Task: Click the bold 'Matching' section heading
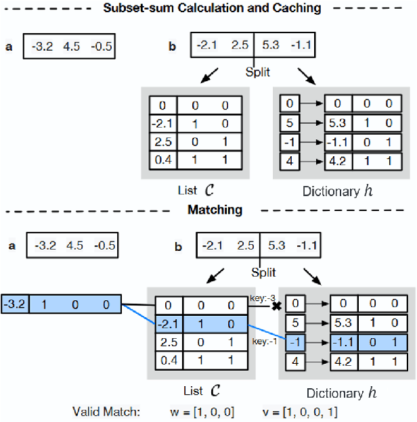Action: point(215,210)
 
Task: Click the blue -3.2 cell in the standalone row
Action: point(14,304)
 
